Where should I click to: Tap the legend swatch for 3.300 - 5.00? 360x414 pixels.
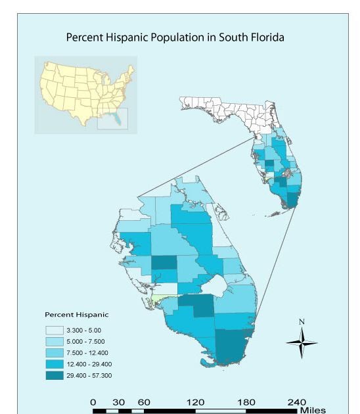[55, 330]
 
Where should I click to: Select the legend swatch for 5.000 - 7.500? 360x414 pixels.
[55, 341]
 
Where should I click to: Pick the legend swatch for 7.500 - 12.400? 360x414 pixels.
[55, 353]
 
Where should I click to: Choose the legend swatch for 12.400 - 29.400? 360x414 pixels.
[55, 364]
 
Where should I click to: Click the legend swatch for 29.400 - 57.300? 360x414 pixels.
[55, 376]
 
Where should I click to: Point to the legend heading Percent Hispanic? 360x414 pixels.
[76, 315]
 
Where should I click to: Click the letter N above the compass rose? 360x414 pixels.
[302, 321]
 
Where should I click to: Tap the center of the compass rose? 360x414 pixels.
[302, 342]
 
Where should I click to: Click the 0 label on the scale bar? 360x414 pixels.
[93, 402]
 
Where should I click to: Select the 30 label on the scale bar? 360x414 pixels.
[119, 402]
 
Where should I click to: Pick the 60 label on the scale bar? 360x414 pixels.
[145, 402]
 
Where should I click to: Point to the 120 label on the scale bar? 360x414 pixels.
[196, 402]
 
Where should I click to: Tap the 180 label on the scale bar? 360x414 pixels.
[247, 402]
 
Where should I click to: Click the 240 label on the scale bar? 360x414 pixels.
[297, 402]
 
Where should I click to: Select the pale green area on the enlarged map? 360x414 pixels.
[162, 298]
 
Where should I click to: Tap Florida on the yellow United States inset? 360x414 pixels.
[116, 120]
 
